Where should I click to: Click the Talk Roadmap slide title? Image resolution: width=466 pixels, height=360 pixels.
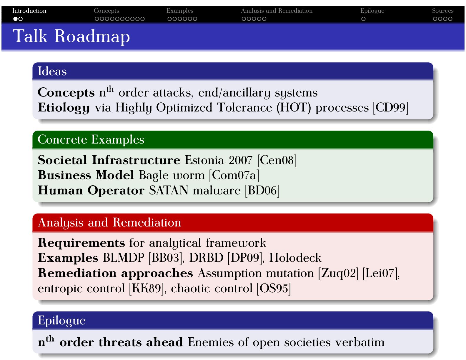coord(71,36)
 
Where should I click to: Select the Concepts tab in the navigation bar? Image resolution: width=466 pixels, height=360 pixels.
coord(106,11)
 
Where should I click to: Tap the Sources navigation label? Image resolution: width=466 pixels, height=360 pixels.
coord(442,11)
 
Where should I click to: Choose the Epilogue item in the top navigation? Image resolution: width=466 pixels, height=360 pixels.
coord(372,11)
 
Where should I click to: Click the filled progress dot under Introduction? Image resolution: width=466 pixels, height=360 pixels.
coord(15,19)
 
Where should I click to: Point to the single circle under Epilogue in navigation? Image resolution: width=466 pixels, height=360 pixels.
coord(363,19)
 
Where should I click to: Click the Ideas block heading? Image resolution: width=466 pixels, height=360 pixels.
coord(52,71)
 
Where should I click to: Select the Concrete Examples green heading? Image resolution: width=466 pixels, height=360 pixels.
coord(91,140)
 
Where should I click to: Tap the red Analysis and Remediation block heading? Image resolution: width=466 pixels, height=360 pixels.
coord(109,223)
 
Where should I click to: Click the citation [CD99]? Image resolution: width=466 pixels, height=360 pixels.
coord(391,108)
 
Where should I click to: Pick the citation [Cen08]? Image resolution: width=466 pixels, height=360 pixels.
coord(277,160)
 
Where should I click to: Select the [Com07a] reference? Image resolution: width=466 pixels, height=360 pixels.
coord(234,175)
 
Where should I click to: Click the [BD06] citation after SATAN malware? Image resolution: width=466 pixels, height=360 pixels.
coord(262,191)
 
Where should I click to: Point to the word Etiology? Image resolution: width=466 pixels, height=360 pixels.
coord(64,108)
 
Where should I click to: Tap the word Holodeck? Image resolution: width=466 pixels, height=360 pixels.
coord(295,258)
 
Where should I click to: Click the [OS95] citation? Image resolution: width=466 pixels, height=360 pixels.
coord(274,289)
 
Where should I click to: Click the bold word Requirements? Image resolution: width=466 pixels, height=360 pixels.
coord(81,243)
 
